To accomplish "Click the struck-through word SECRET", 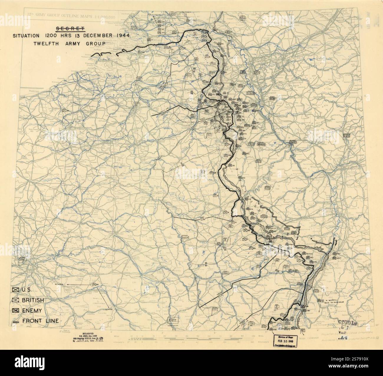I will click(x=70, y=29).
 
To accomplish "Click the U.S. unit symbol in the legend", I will click(x=16, y=290).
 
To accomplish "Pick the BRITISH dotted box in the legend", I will click(x=16, y=300).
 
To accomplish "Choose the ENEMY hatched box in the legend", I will click(x=16, y=311).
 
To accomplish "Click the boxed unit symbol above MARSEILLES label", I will click(x=171, y=320).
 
